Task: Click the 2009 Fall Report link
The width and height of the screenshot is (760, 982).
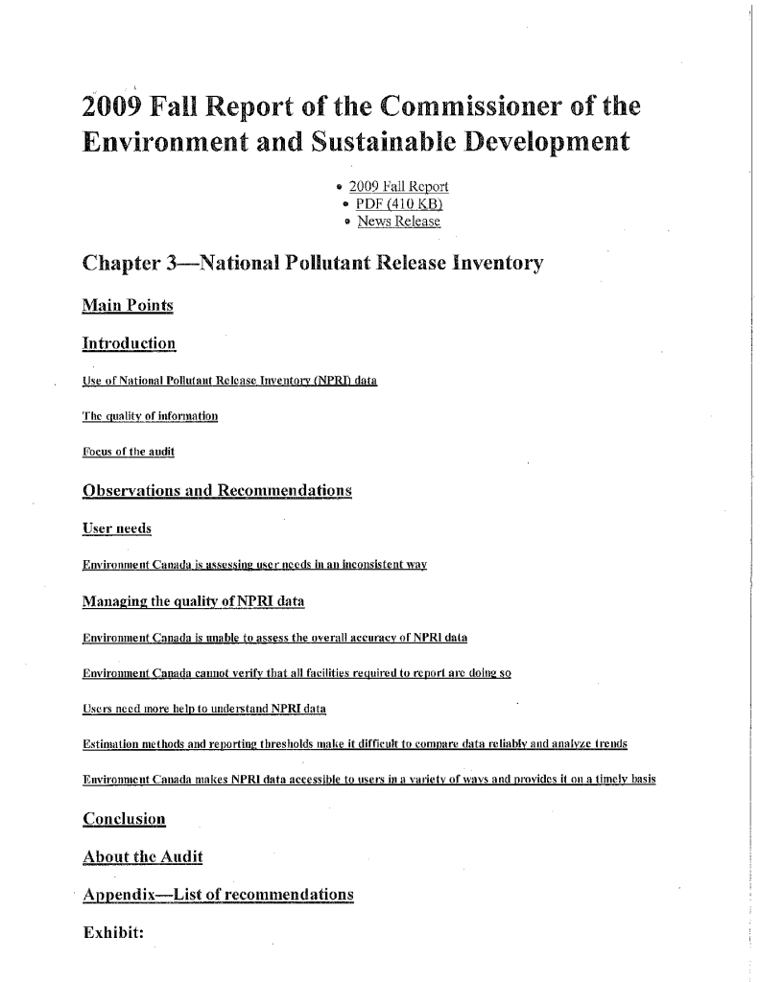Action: pyautogui.click(x=399, y=186)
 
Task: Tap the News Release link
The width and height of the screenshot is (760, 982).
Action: pyautogui.click(x=398, y=222)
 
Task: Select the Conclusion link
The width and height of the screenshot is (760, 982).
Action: pyautogui.click(x=126, y=820)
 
